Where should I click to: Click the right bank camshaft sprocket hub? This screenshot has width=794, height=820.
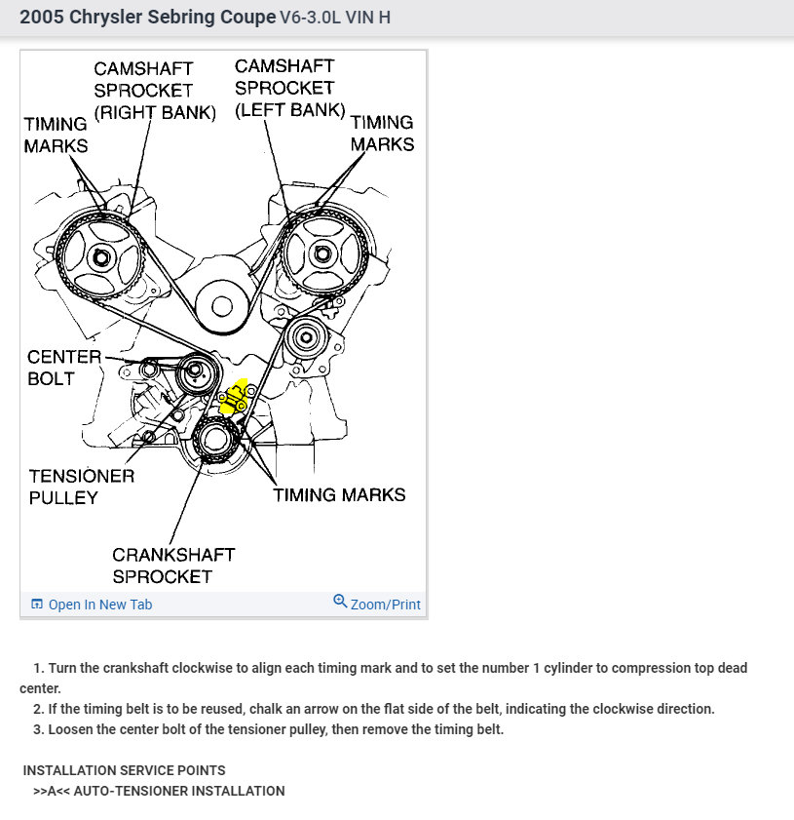[99, 257]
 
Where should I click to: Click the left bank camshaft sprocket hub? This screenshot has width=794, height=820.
[322, 254]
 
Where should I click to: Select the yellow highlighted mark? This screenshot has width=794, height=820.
[234, 397]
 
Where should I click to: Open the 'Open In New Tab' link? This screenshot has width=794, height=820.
[99, 605]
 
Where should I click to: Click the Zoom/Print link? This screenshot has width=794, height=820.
[377, 604]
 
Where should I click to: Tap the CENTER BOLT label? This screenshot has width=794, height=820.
[63, 368]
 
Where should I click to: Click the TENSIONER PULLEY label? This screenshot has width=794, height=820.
[81, 487]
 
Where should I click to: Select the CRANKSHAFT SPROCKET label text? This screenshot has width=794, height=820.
[172, 566]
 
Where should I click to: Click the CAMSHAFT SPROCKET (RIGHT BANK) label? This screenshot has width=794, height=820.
[154, 91]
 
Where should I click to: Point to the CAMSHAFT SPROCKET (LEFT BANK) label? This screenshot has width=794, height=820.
[289, 88]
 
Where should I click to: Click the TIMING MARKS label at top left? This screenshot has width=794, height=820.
[56, 135]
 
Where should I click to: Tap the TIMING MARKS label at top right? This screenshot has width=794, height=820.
[382, 133]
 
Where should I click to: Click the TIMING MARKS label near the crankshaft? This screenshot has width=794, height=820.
[338, 494]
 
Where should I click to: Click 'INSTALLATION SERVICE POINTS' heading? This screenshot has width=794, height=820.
[124, 770]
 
